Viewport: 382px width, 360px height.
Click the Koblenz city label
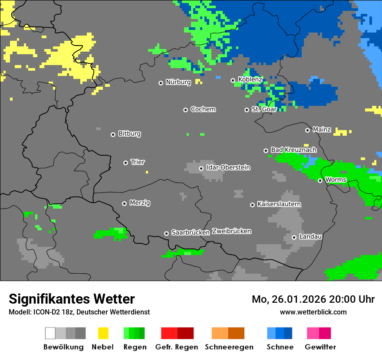coord(250,79)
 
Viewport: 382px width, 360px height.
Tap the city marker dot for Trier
coord(125,163)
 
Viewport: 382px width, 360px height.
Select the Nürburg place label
coord(178,82)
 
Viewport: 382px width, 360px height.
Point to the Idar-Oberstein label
coord(228,167)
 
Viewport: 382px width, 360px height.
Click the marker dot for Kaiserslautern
coord(252,205)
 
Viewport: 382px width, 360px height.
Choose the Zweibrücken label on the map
coord(231,231)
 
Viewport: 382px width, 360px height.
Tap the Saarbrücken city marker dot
coord(166,233)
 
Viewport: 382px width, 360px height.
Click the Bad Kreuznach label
coord(293,150)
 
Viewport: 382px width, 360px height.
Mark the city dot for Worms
coord(320,180)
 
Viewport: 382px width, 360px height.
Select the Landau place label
coord(310,236)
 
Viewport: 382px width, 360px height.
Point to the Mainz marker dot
coord(307,130)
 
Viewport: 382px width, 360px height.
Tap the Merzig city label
coord(140,203)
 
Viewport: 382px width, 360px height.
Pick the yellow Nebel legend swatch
coord(103,333)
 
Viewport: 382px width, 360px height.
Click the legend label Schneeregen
coord(229,347)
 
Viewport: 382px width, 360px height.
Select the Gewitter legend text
coord(320,347)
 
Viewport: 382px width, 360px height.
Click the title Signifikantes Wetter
coord(72,299)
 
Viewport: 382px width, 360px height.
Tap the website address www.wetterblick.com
coord(313,312)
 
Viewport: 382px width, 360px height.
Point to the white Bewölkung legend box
coord(50,333)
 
